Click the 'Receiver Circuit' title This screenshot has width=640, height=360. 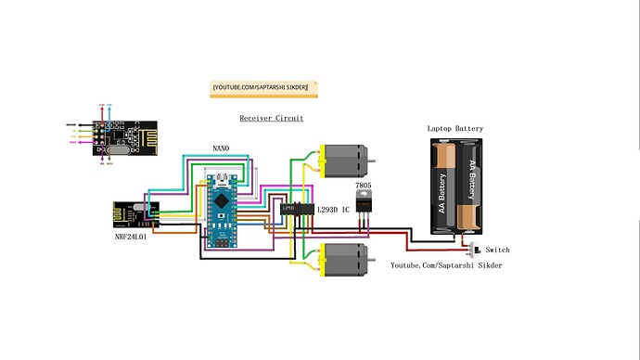point(271,119)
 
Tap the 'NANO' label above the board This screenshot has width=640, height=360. point(221,148)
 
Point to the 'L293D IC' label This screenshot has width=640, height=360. point(334,211)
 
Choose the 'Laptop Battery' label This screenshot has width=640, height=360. point(454,128)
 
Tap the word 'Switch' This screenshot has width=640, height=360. point(497,250)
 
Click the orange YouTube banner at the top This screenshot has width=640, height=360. point(264,88)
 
